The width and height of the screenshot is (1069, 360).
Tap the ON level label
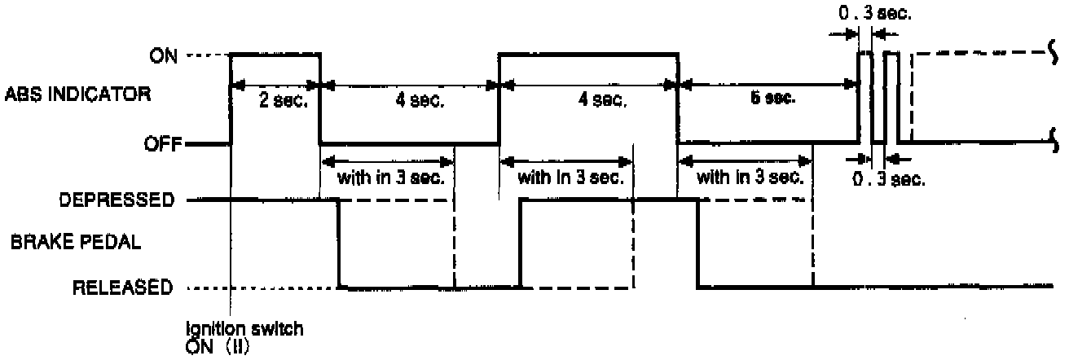(161, 55)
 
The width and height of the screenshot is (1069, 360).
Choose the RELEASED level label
(122, 287)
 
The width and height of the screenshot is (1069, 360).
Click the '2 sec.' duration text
(275, 101)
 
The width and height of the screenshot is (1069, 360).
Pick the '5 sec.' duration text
(770, 99)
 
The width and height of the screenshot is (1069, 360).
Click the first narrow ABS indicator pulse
(864, 96)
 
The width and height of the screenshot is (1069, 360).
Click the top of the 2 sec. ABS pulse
(275, 55)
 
